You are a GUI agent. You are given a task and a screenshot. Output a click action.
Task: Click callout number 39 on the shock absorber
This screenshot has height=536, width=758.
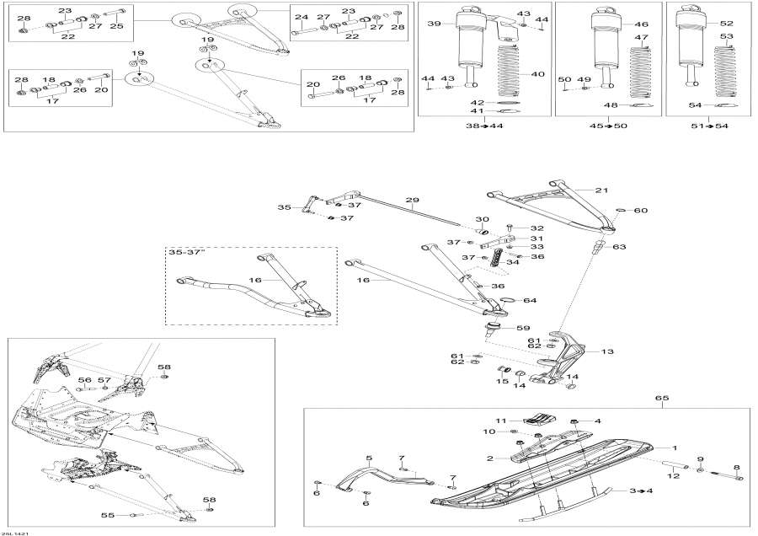click(435, 24)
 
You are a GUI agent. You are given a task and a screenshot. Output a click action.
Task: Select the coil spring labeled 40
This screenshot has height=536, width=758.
click(510, 76)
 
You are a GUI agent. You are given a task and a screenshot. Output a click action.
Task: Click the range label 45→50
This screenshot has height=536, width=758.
click(608, 126)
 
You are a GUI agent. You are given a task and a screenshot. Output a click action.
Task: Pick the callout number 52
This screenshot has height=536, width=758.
click(726, 24)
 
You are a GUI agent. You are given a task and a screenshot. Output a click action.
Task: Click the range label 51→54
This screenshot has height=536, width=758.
click(709, 126)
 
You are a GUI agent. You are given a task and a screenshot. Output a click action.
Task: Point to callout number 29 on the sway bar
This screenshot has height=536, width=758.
click(412, 201)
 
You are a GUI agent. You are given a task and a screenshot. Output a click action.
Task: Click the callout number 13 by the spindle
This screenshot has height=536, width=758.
click(607, 351)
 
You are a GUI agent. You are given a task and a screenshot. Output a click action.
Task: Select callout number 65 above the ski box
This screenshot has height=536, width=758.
click(661, 397)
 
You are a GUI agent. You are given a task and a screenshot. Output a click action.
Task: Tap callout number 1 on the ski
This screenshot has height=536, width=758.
click(673, 447)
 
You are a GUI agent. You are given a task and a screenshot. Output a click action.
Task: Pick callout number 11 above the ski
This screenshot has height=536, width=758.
click(499, 420)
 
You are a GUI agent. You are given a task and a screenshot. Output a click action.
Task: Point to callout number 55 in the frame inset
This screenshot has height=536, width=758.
click(107, 515)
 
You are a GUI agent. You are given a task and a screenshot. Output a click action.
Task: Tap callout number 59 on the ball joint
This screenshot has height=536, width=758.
click(522, 328)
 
